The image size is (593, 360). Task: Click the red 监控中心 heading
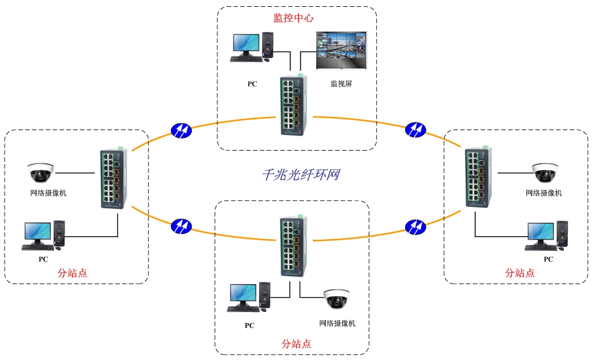coord(293,18)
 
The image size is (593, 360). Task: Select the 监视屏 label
coord(341,83)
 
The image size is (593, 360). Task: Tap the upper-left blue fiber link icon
coord(181,130)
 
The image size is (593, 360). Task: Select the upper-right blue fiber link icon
coord(415,130)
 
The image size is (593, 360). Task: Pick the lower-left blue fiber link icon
coord(181,226)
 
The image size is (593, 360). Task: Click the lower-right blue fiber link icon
coord(415,227)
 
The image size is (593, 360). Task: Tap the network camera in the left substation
coord(41,171)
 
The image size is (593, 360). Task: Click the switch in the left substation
coord(112,178)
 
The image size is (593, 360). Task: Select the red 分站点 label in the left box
coord(72,273)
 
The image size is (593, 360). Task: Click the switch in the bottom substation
coord(295,246)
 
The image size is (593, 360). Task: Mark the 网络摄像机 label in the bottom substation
coord(337,323)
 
